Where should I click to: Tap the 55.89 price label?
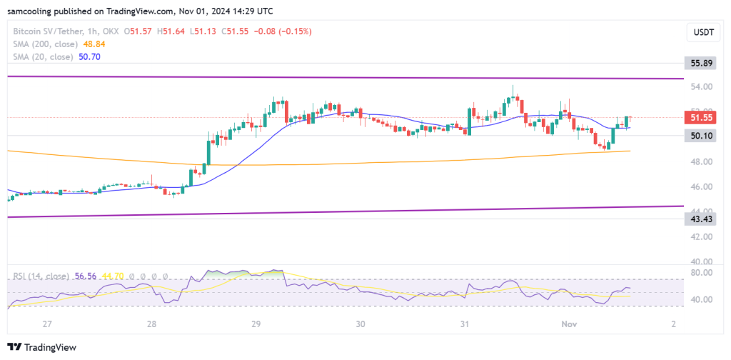[x=697, y=64]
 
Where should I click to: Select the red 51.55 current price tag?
[x=697, y=117]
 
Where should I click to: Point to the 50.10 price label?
[x=697, y=135]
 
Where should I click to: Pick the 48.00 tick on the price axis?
[x=697, y=161]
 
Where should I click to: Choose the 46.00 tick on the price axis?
[x=697, y=186]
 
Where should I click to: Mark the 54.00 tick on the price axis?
[x=697, y=87]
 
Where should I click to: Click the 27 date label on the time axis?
[x=47, y=324]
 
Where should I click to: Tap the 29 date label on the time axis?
[x=256, y=324]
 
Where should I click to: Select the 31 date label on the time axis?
[x=465, y=324]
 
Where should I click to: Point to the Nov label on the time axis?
[x=569, y=324]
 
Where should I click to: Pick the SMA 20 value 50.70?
[x=89, y=56]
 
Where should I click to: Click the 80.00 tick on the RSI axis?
[x=697, y=272]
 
